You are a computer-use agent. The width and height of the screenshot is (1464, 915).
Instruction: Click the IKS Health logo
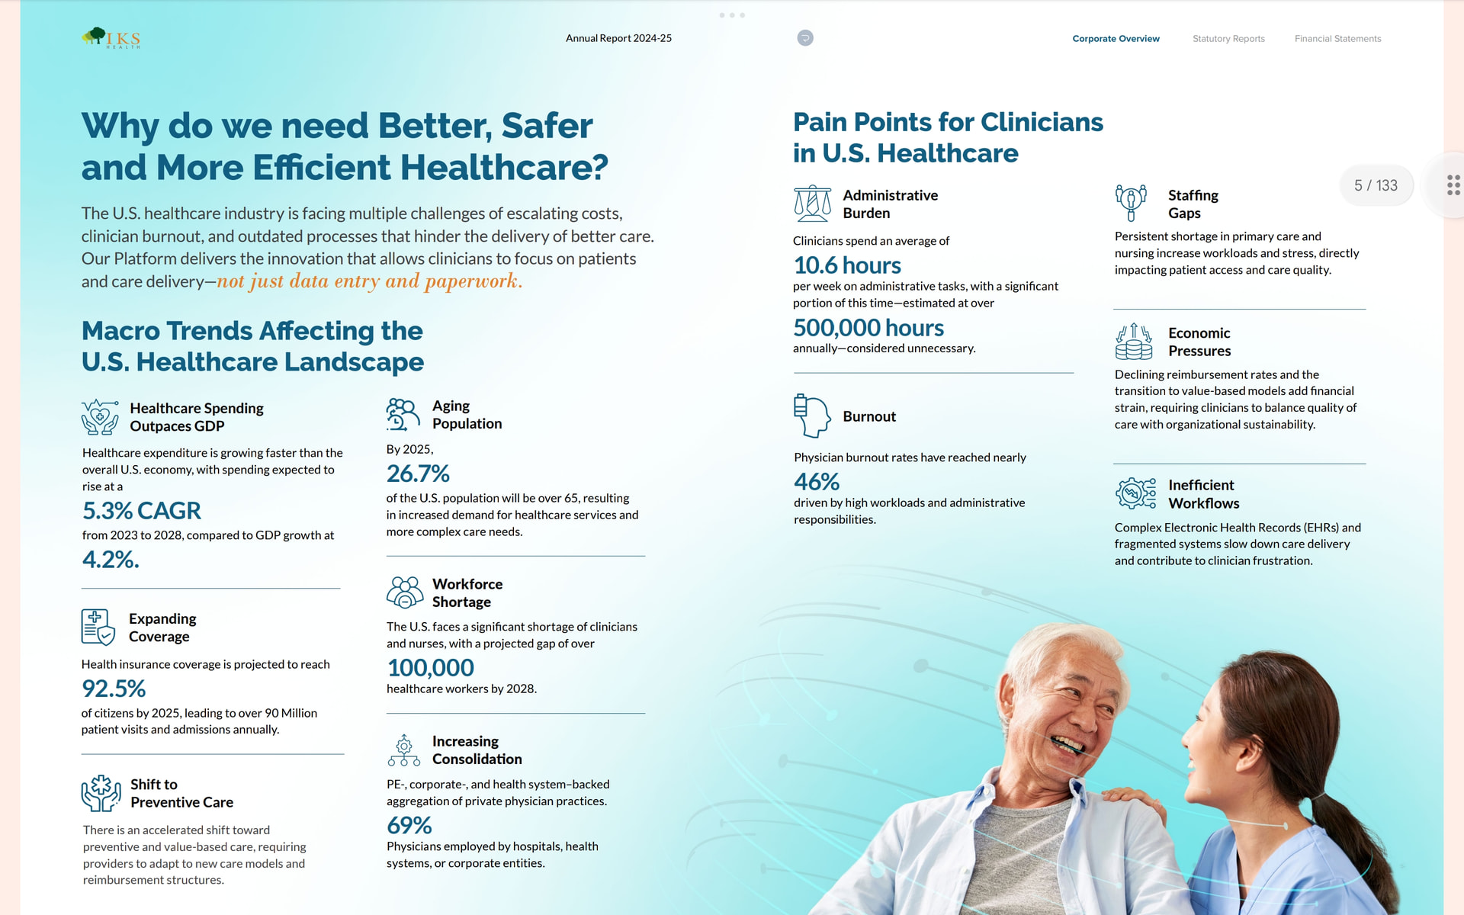pyautogui.click(x=111, y=38)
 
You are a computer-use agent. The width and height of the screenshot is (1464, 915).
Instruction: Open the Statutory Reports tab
pyautogui.click(x=1228, y=39)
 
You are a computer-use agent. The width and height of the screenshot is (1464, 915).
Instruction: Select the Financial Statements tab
pyautogui.click(x=1337, y=39)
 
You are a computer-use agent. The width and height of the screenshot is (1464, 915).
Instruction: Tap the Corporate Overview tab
pyautogui.click(x=1116, y=39)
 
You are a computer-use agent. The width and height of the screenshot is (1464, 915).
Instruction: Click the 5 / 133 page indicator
pyautogui.click(x=1376, y=185)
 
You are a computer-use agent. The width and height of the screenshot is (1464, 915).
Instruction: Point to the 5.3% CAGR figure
pyautogui.click(x=142, y=510)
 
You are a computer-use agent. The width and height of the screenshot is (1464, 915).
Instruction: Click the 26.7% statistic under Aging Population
pyautogui.click(x=418, y=474)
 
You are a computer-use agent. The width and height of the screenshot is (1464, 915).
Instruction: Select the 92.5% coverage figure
pyautogui.click(x=114, y=689)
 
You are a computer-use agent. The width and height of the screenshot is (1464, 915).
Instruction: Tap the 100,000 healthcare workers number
pyautogui.click(x=431, y=667)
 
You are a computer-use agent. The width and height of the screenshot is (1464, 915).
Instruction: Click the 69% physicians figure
pyautogui.click(x=409, y=825)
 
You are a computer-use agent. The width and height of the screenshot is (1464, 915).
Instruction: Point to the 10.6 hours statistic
pyautogui.click(x=847, y=265)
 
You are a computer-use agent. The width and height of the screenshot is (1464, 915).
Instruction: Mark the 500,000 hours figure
pyautogui.click(x=868, y=327)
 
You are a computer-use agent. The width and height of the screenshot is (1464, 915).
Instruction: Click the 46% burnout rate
pyautogui.click(x=817, y=482)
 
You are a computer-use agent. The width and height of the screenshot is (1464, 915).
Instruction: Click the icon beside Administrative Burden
pyautogui.click(x=813, y=204)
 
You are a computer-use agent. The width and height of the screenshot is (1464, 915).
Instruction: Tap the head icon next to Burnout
pyautogui.click(x=812, y=416)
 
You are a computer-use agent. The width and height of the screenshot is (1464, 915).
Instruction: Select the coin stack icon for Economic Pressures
pyautogui.click(x=1134, y=341)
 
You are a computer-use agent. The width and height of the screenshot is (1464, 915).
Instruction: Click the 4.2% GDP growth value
pyautogui.click(x=111, y=559)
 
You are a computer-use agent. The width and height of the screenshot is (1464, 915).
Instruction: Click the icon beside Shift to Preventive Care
pyautogui.click(x=101, y=793)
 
